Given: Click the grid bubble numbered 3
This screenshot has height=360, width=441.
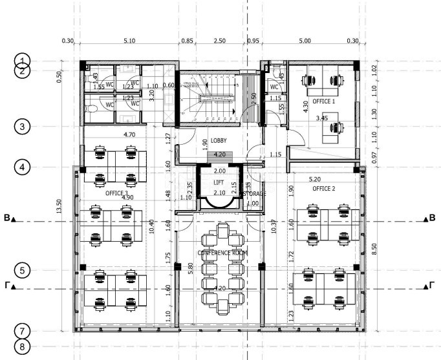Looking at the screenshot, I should (23, 127).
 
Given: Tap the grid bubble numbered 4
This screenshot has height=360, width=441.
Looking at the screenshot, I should (23, 167).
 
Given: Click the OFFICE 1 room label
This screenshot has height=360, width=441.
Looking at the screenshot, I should (325, 101).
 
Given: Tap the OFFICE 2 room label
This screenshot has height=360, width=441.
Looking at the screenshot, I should (325, 189).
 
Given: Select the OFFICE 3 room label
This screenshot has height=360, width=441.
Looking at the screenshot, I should (117, 193).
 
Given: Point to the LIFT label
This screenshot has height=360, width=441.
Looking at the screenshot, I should (219, 183).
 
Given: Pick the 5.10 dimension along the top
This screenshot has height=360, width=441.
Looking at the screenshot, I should (129, 41).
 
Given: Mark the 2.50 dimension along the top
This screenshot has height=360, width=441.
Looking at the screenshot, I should (220, 41).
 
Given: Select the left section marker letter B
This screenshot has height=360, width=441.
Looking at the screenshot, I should (7, 220).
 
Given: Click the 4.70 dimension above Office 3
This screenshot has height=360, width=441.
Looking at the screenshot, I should (129, 135).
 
